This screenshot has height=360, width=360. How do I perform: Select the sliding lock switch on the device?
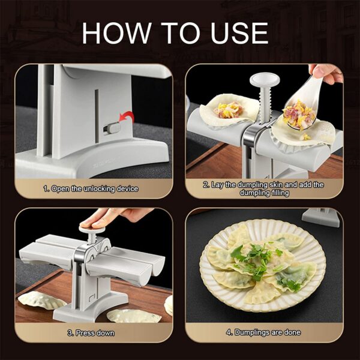tap(110, 128)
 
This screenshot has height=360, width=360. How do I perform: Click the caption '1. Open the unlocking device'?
tap(91, 189)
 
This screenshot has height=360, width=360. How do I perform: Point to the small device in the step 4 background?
tap(322, 216)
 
